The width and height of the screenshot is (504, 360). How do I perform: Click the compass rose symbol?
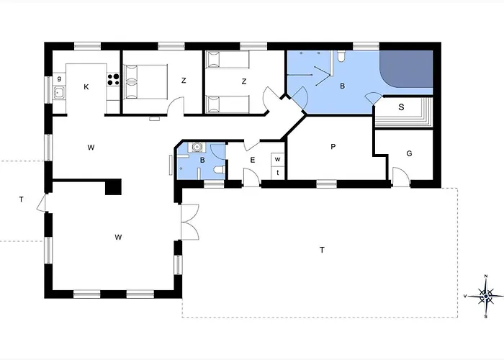pos(486,296)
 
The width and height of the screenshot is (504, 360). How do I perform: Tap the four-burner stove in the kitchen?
pos(113,79)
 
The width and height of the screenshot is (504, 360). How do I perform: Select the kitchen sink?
pos(59,93)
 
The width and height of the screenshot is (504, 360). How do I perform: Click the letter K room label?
pos(86,87)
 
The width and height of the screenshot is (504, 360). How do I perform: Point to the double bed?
pos(145,81)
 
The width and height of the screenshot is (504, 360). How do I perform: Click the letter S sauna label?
pos(401,107)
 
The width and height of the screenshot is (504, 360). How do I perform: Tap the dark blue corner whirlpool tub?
pos(406,69)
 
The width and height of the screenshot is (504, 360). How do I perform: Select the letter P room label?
pos(333,147)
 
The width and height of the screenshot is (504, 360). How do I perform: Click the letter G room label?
pos(409,153)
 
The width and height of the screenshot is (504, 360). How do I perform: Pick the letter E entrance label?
pos(252,160)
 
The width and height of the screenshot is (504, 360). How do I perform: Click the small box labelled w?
pos(278,159)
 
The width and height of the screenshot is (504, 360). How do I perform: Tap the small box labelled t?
pos(278,173)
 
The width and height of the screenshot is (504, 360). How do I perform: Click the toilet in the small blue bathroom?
pos(220,169)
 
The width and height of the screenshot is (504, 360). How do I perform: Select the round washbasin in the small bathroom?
pos(197,147)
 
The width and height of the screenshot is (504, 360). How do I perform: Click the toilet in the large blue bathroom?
pos(341,56)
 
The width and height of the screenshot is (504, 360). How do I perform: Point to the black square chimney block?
pos(114,186)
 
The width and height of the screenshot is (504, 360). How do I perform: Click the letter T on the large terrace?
pos(322,250)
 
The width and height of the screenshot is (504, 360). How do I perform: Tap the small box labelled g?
pos(59,78)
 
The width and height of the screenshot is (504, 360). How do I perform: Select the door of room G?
pos(400,176)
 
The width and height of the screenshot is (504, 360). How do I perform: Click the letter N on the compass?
pos(486,276)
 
